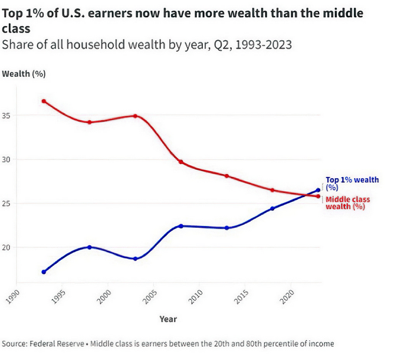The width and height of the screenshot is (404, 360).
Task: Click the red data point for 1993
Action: point(44,101)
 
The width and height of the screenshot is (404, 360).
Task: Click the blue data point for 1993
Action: point(44,272)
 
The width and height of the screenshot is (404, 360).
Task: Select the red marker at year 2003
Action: point(136,116)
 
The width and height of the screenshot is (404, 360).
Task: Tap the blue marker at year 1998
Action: point(90,247)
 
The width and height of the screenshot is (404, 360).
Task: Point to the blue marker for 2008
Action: point(181,226)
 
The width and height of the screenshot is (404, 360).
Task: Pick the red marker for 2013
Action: point(226,176)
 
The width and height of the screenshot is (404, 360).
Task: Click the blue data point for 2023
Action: point(318,190)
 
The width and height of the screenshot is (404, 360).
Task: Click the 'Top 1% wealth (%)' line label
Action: point(352,184)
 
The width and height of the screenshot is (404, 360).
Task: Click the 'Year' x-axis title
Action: point(167,319)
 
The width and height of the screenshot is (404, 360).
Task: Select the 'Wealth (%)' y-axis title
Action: point(24,74)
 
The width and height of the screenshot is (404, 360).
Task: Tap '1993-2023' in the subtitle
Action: point(262,45)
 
